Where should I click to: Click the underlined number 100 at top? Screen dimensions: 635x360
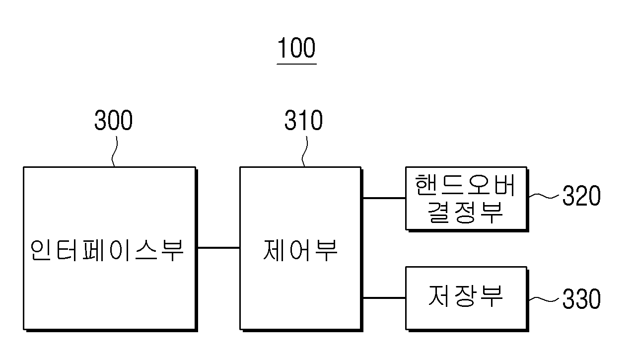tap(296, 48)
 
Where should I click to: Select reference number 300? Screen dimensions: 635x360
tap(113, 120)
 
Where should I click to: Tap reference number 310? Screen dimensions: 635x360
tap(304, 120)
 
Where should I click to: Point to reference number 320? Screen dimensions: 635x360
tap(581, 195)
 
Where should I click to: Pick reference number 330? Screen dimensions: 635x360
tap(581, 298)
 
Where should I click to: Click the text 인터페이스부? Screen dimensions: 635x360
tap(107, 250)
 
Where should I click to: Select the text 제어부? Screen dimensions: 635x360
tap(300, 250)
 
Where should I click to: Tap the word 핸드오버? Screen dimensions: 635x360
tap(465, 185)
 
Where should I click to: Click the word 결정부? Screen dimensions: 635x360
tap(465, 213)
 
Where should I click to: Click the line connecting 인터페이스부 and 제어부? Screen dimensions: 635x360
tap(219, 248)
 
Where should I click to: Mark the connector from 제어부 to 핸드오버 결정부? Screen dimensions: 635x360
tap(384, 198)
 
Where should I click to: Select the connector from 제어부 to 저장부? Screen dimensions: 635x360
tap(384, 297)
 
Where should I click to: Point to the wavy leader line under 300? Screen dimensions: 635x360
tap(114, 151)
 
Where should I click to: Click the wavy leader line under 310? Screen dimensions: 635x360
tap(304, 151)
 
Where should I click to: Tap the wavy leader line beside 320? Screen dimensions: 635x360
tap(544, 196)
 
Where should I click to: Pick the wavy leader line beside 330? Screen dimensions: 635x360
tap(544, 299)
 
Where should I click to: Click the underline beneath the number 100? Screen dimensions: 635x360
tap(296, 64)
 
